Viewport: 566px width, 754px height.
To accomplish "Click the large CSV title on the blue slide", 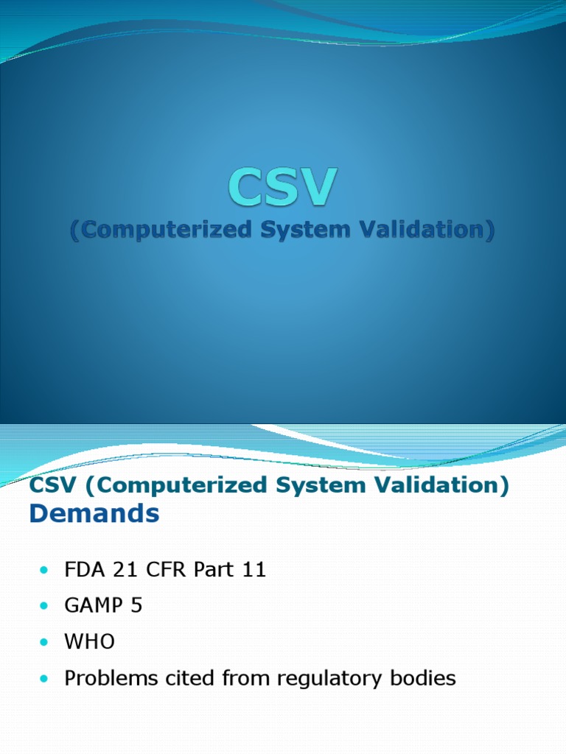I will pyautogui.click(x=282, y=187).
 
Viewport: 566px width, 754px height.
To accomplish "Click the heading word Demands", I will pyautogui.click(x=94, y=514).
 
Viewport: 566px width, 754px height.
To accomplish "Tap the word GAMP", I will pyautogui.click(x=94, y=607).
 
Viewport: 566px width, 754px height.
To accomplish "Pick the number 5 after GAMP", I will pyautogui.click(x=137, y=607).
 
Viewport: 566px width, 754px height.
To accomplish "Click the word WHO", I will pyautogui.click(x=90, y=642).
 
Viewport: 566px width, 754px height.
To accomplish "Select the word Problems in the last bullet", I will pyautogui.click(x=105, y=678).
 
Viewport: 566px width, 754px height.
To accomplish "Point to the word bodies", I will pyautogui.click(x=425, y=678).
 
